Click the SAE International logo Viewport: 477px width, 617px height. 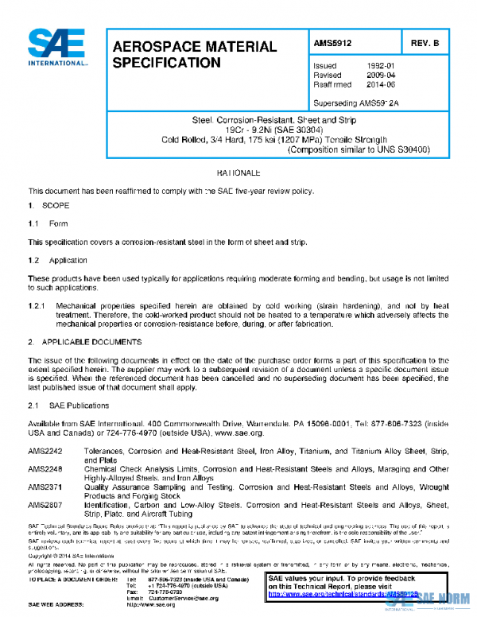[57, 48]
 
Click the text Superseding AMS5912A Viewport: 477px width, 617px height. [356, 103]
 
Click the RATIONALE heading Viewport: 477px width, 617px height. [238, 173]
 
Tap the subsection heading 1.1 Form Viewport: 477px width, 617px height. [48, 223]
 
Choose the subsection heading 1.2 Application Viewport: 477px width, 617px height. [57, 260]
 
